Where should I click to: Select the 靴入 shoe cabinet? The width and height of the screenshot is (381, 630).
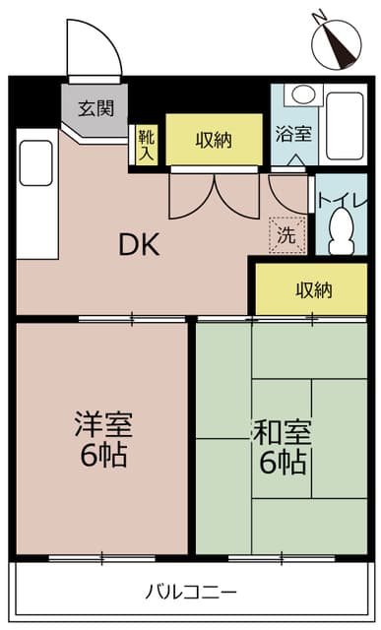pyautogui.click(x=146, y=144)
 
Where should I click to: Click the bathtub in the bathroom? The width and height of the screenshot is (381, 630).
pyautogui.click(x=345, y=128)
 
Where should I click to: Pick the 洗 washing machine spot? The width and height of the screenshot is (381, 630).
pyautogui.click(x=286, y=235)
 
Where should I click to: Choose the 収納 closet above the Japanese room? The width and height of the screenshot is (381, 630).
pyautogui.click(x=311, y=289)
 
